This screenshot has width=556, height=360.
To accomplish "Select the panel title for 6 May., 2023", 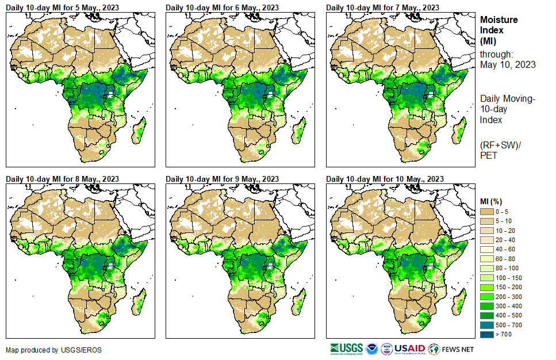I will (222, 7).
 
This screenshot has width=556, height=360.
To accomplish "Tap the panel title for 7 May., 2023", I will (382, 7).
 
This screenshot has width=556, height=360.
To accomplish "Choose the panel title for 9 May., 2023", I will (222, 179).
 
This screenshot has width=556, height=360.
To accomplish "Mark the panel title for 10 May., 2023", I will (385, 179).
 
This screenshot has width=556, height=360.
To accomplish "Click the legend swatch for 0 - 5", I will (487, 212).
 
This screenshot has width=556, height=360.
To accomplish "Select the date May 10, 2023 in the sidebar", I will (508, 64).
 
